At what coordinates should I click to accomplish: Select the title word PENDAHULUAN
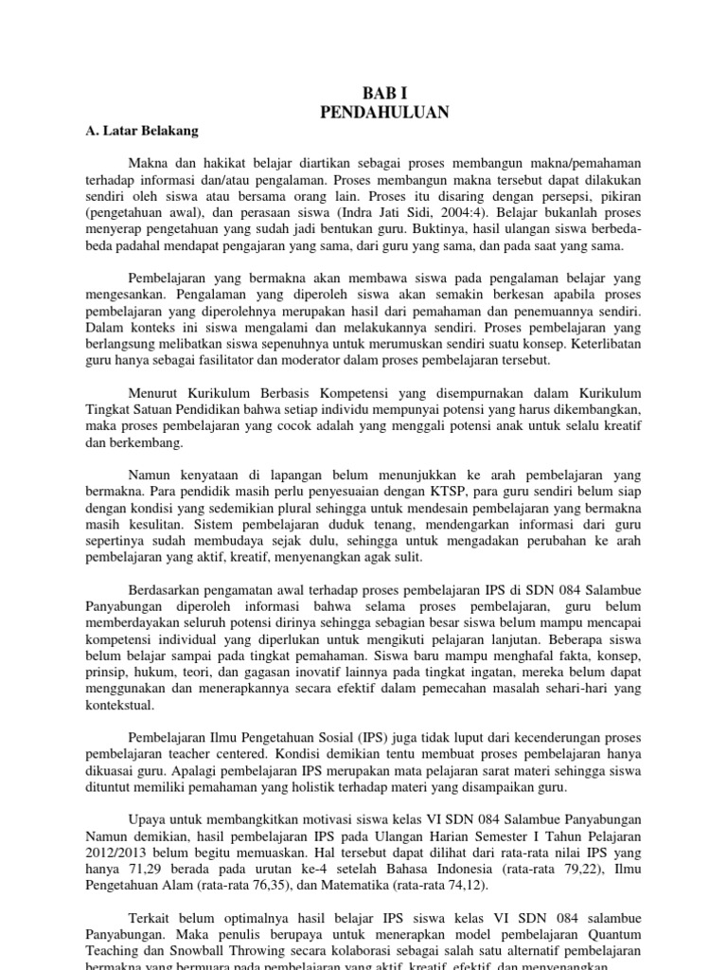383,113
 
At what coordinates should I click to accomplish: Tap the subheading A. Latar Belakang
143,131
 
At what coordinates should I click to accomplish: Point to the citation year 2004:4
512,213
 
